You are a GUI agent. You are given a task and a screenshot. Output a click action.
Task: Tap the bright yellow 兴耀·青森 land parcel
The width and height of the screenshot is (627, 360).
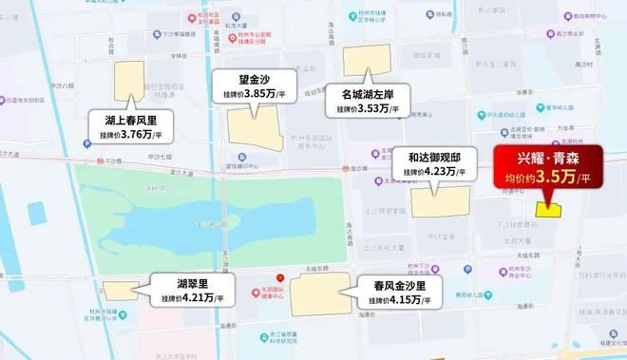[548, 208]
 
